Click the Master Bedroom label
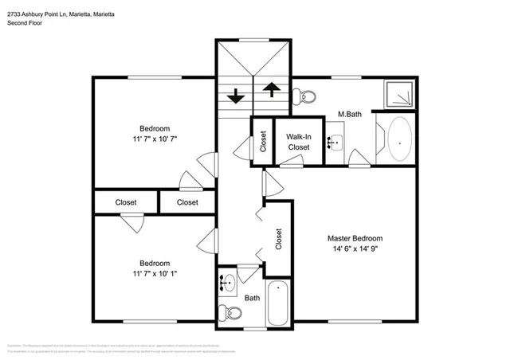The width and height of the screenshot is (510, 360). click(355, 238)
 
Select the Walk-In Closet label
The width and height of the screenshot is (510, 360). click(299, 142)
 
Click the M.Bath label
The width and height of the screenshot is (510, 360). click(350, 115)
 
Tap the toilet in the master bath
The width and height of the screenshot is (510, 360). click(301, 97)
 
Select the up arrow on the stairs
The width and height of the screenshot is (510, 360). click(271, 89)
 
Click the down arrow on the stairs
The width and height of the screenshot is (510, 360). click(236, 96)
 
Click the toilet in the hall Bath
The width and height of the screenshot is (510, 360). click(229, 311)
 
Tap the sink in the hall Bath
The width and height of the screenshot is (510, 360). click(227, 281)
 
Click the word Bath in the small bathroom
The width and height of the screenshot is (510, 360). click(252, 298)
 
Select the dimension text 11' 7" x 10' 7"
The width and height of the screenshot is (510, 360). click(155, 140)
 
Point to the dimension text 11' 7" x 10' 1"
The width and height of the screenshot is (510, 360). click(155, 274)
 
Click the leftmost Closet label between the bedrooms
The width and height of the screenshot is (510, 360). click(126, 202)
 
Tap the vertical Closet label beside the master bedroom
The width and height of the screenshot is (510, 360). click(278, 239)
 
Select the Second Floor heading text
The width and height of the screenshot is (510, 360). click(25, 23)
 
